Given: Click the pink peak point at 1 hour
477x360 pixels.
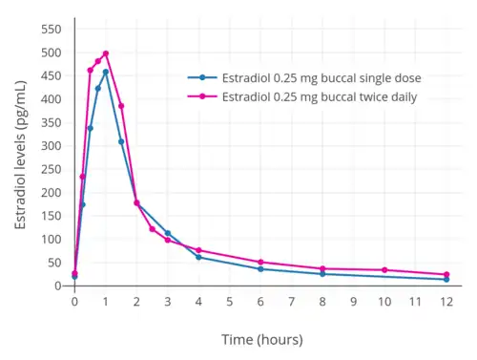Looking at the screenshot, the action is pos(106,53).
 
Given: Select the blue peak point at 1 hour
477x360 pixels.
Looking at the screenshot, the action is pos(106,72).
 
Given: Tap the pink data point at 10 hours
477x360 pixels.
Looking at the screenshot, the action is pos(384,270).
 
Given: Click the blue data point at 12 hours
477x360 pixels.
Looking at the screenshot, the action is pos(446,280).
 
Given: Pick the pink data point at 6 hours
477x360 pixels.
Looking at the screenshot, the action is pos(260,262).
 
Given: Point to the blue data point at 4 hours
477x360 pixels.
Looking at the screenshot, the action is pos(198,257).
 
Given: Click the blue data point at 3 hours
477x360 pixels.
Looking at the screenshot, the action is pos(168,233).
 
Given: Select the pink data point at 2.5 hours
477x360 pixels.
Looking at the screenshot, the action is pos(153,229).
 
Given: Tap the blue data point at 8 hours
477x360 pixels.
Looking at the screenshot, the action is pos(322,274).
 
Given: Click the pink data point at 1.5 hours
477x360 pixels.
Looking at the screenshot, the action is pos(121,106).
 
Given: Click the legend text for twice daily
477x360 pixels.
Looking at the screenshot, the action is pos(320,97).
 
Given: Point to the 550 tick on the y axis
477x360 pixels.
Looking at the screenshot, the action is pos(52,30).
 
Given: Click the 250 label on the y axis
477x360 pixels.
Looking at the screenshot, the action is pos(52,169).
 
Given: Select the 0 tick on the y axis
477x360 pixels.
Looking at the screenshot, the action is pos(58,286).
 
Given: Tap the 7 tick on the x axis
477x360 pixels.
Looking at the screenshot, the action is pos(292,302).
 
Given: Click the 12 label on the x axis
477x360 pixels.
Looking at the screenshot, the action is pos(446,302).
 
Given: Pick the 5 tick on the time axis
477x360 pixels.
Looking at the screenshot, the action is pos(230,302).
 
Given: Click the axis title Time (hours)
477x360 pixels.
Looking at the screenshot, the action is pos(262,340).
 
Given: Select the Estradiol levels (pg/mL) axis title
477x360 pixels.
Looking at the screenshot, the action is pos(20,155).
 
